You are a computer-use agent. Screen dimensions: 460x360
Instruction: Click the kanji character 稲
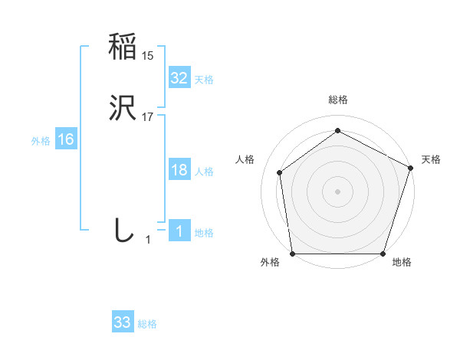coord(123,47)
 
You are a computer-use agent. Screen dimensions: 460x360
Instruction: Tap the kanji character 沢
coord(123,109)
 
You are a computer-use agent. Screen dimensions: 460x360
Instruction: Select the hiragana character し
coord(123,230)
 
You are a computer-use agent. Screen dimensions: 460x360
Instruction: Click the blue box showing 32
coord(179,77)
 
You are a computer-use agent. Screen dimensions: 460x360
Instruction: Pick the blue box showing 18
coord(179,170)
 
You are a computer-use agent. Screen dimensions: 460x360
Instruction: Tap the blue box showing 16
coord(66,139)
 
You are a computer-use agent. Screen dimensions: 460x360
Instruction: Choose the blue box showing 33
coord(122,322)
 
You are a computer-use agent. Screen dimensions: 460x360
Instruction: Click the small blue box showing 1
coord(179,231)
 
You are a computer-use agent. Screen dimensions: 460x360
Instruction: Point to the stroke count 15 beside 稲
coord(148,56)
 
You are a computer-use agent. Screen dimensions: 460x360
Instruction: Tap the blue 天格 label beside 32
coord(204,80)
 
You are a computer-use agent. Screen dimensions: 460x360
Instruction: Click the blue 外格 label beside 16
coord(41,141)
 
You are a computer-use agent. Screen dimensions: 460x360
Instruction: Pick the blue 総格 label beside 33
coord(147,324)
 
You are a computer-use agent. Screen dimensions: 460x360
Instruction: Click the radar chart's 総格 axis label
coord(337,100)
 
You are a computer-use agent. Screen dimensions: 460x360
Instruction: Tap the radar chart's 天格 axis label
coord(431,159)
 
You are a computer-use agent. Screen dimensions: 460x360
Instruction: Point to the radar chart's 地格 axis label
coord(402,263)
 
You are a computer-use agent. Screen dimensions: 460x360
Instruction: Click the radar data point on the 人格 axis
coord(280,172)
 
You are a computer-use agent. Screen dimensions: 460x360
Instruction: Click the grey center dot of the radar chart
coord(337,191)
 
